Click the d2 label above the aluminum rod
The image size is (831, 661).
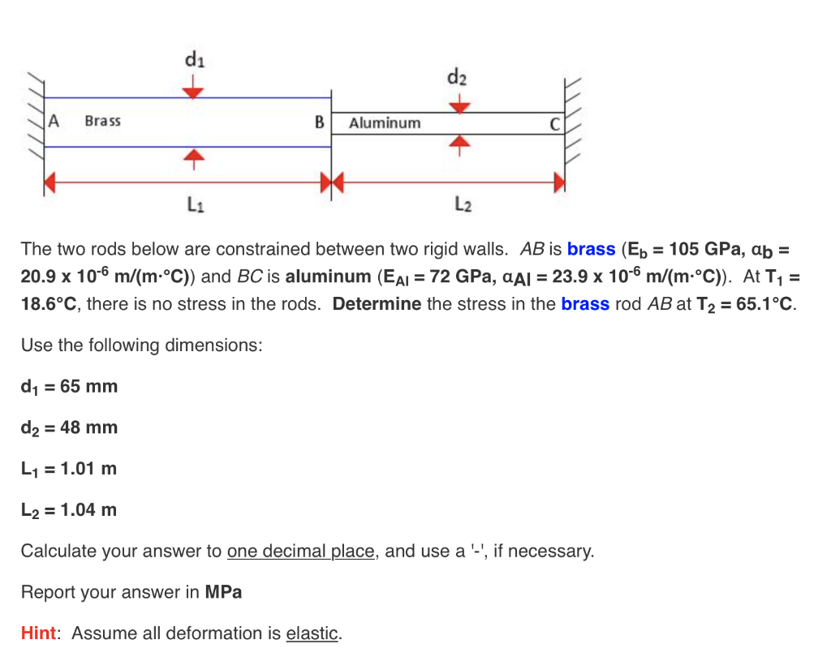[457, 79]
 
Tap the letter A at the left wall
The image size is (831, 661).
[55, 121]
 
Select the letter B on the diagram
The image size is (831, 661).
[320, 122]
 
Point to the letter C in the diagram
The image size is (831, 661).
[554, 123]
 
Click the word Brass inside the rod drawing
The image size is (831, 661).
[103, 121]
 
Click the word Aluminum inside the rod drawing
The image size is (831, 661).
[385, 123]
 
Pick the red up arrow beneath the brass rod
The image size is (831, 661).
[192, 157]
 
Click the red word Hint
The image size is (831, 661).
[38, 633]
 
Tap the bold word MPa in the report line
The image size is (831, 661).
[223, 592]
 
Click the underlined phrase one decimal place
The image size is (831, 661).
[301, 552]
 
